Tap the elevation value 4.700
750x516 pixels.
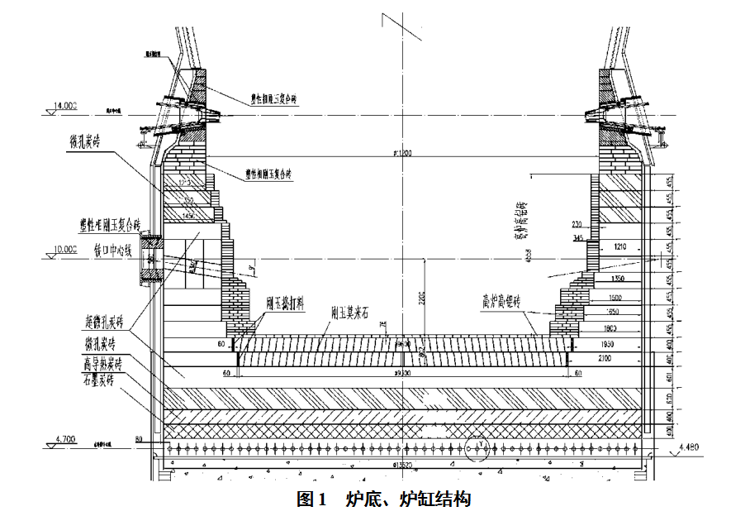[x=64, y=438]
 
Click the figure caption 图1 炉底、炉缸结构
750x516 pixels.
[x=383, y=499]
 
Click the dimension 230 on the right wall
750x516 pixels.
[x=577, y=224]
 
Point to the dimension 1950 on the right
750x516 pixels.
[x=624, y=342]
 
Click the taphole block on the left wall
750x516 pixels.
[x=150, y=259]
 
